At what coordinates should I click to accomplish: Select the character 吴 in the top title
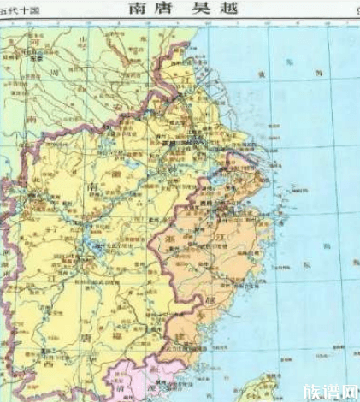coord(197,9)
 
